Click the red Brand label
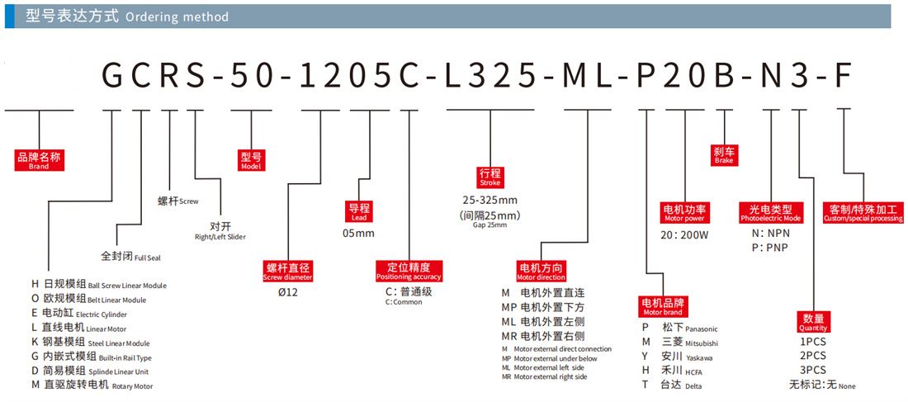pos(39,160)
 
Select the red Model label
pos(251,160)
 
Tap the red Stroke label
pos(489,177)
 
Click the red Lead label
pos(359,212)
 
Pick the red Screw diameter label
pos(288,272)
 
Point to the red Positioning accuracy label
pos(409,272)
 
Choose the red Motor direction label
pos(541,272)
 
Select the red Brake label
pos(724,154)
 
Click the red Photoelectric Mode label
pos(770,213)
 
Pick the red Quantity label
pos(813,322)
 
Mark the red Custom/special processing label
pos(863,213)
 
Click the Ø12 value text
pos(288,292)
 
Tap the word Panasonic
pos(702,329)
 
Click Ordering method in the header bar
pos(177,17)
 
